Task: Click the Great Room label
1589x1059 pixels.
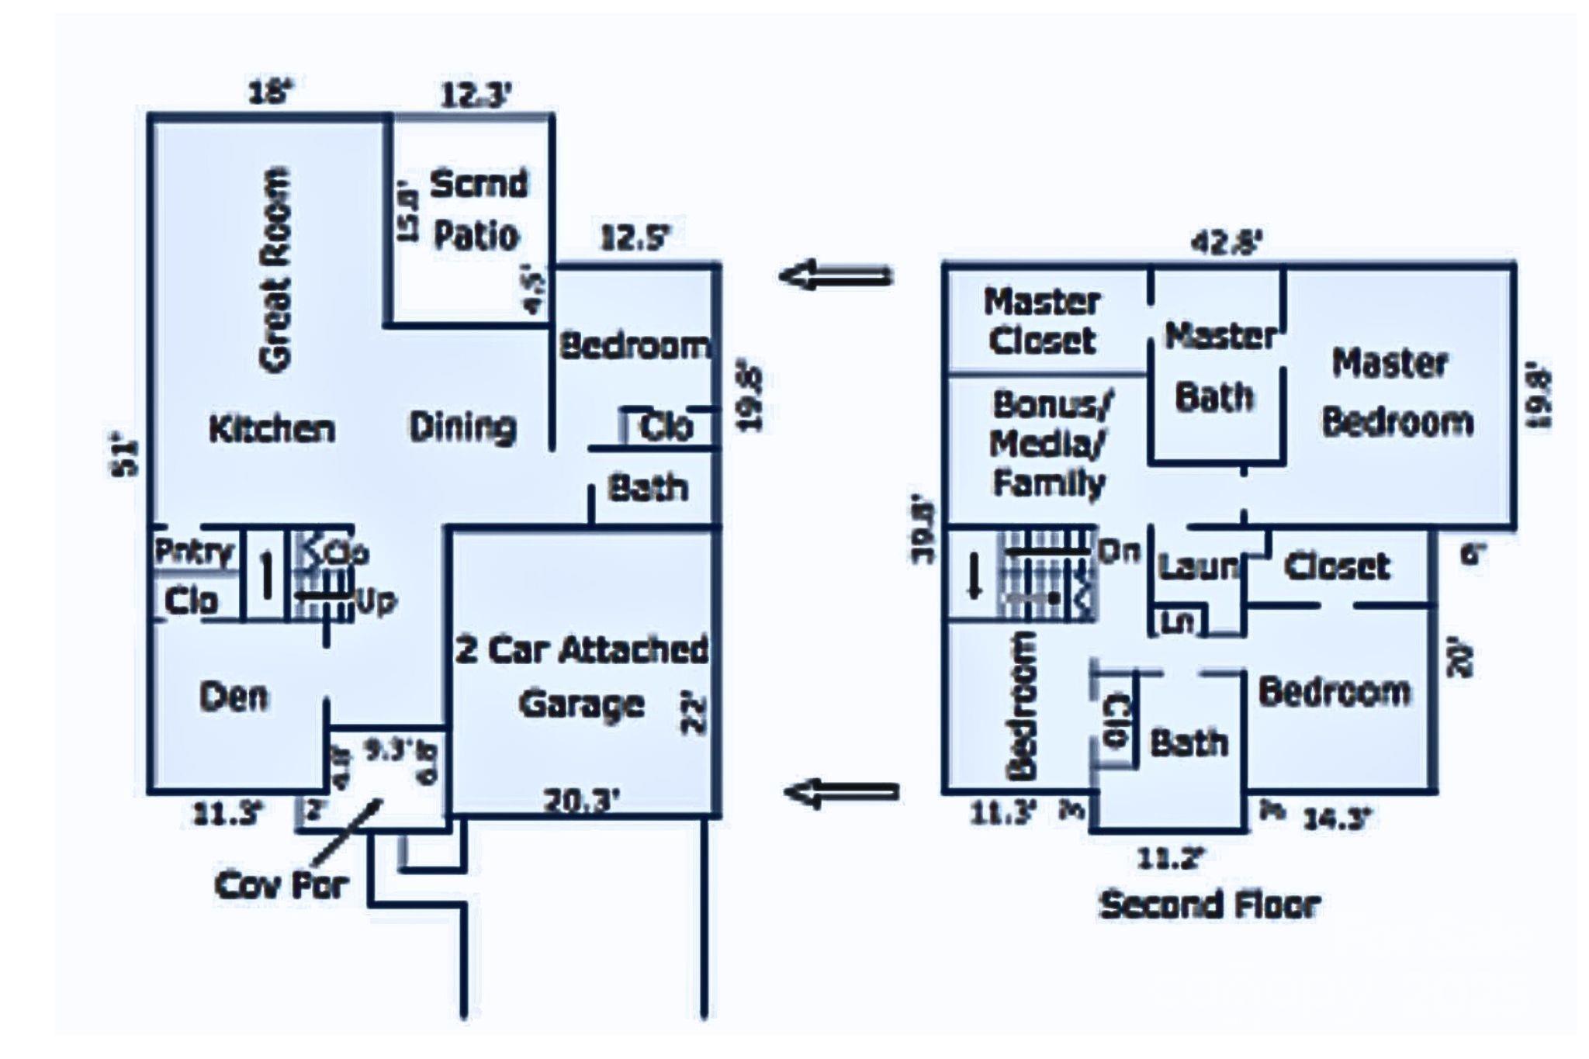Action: point(275,269)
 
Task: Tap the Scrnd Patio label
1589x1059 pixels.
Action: point(477,209)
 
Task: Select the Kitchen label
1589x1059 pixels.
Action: point(272,429)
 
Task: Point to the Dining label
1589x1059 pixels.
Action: point(462,427)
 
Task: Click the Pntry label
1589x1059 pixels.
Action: point(193,552)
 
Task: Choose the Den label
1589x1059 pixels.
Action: point(234,697)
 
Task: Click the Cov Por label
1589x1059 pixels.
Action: point(282,884)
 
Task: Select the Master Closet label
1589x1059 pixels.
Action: point(1042,321)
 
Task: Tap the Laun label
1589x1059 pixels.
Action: point(1196,567)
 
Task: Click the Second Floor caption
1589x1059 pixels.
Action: point(1209,905)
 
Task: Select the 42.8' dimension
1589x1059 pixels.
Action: point(1226,243)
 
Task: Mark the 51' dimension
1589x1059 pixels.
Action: point(128,458)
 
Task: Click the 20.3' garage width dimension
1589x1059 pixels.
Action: point(582,800)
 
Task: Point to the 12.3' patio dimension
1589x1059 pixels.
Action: point(476,96)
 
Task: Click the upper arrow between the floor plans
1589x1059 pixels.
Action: point(836,275)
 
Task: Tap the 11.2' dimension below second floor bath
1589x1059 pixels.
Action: point(1171,858)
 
